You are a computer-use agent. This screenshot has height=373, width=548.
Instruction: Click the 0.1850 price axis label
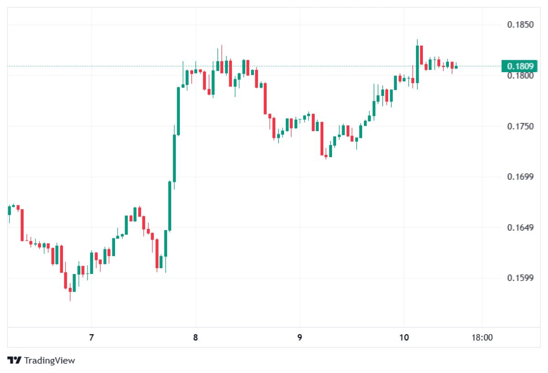coord(521,25)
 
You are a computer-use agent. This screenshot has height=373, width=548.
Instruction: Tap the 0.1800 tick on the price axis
coord(521,76)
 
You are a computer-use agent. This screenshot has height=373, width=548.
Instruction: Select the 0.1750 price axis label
coord(521,126)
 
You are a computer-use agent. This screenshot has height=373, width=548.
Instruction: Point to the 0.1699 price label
coord(521,177)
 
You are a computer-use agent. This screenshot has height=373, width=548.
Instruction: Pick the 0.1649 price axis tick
coord(521,228)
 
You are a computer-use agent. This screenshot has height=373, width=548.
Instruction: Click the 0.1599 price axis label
coord(521,278)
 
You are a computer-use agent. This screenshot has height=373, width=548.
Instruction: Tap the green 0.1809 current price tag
coord(520,66)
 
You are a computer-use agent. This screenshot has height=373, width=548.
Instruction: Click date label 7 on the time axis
coord(91,338)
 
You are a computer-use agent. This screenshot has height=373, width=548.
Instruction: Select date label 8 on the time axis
coord(195,338)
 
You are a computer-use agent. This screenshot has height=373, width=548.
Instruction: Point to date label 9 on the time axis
coord(300,338)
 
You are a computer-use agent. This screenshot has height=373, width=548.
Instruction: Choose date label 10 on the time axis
coord(404,338)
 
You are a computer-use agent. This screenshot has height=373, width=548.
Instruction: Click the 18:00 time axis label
coord(482,338)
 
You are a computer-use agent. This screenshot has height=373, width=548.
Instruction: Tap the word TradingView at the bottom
coord(49,361)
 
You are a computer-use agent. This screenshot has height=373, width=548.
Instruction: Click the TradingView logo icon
coord(15,360)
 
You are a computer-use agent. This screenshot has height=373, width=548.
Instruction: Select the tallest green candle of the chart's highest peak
coord(417,64)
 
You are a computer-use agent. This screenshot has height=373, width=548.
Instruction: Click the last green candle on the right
coord(456,67)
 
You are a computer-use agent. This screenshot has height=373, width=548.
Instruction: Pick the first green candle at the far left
coord(9,210)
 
